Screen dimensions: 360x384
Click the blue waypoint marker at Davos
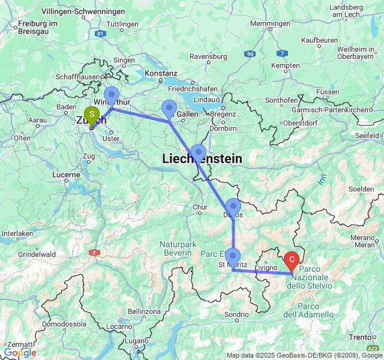coord(233,207)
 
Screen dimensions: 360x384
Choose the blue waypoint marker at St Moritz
coord(233,257)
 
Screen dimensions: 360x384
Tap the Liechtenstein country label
coord(202,159)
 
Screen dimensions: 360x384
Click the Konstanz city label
coord(161,73)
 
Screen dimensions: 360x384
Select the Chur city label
coord(200,208)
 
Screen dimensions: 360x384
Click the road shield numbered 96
coord(250,54)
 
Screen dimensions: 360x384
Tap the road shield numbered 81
coord(100,34)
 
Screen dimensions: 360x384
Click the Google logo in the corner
coord(19,353)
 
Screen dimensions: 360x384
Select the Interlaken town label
coord(17,233)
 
